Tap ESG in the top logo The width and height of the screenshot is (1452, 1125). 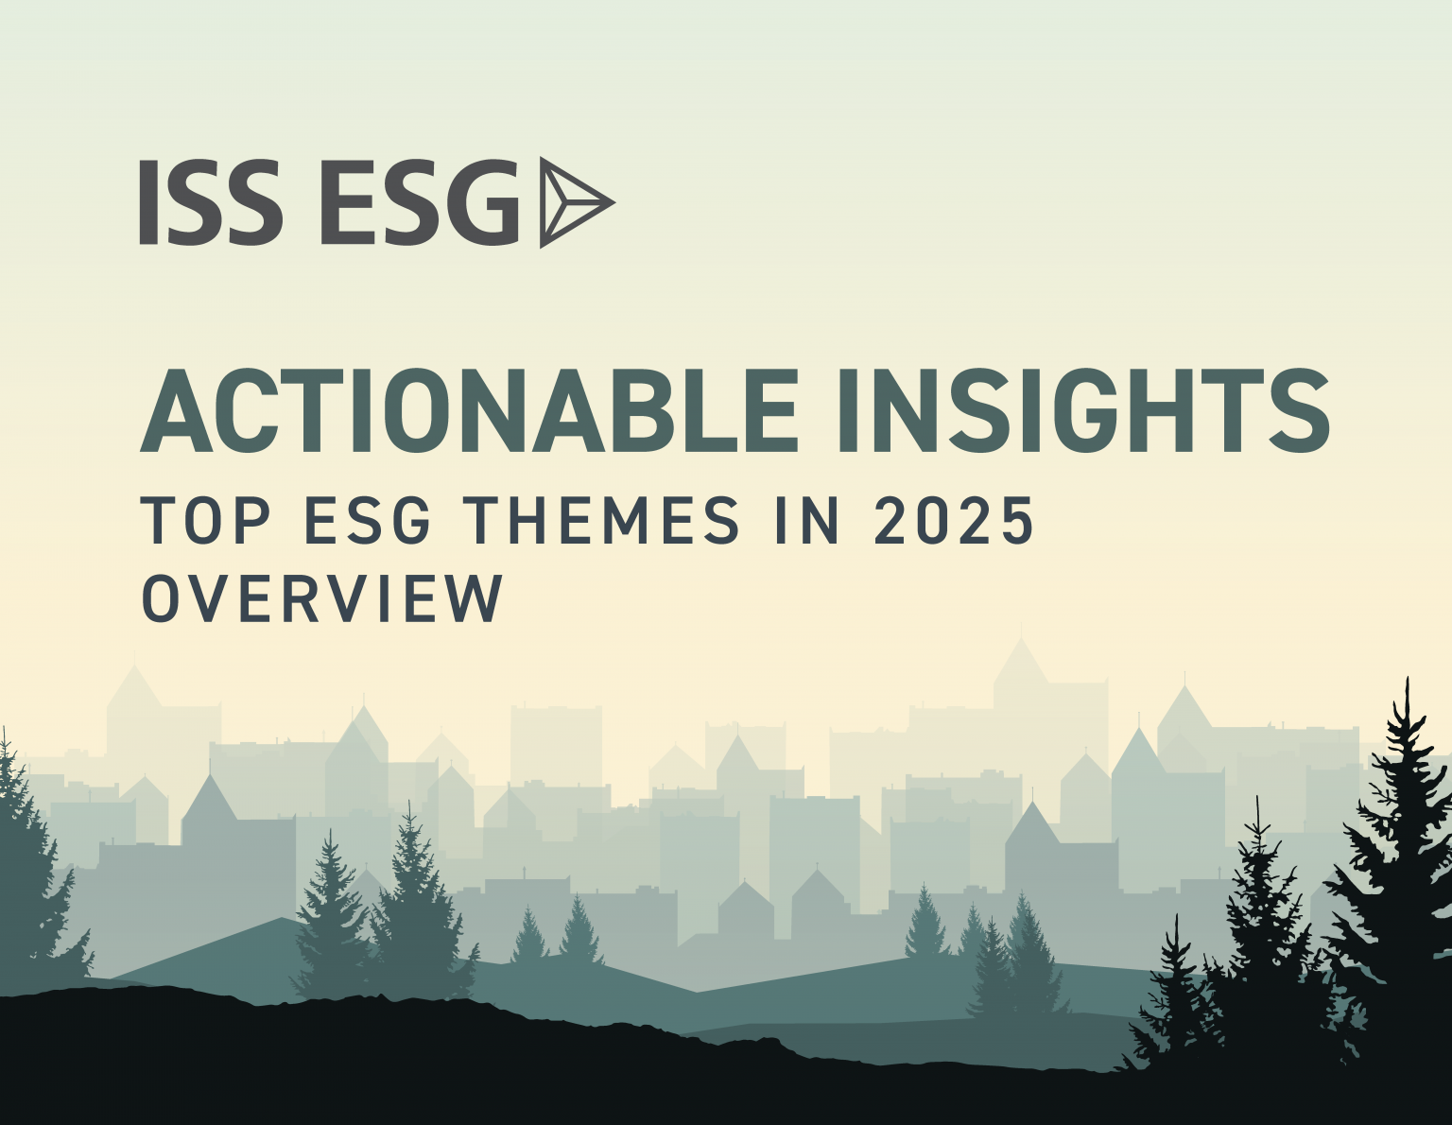(x=421, y=202)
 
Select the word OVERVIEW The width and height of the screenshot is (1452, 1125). (x=322, y=597)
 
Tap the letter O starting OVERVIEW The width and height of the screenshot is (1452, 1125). (x=161, y=597)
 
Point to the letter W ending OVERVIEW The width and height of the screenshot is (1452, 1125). (x=478, y=597)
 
